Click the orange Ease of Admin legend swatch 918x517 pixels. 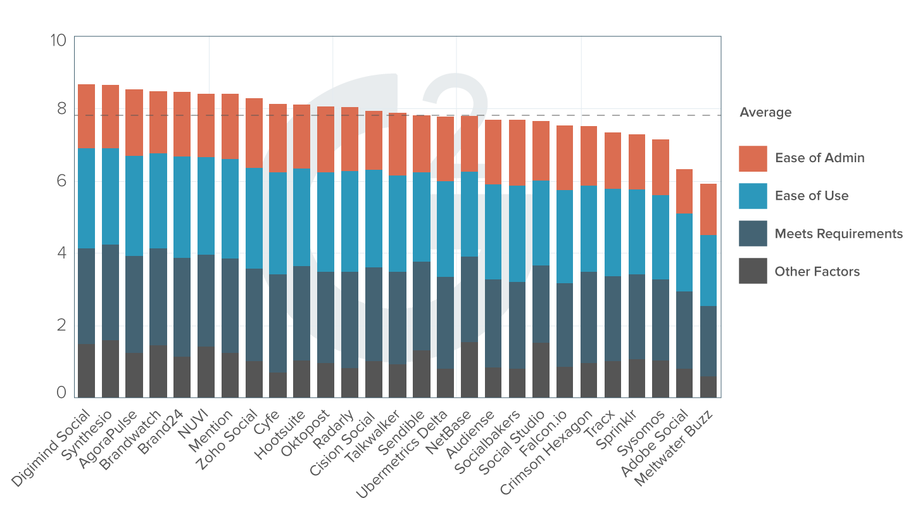[x=753, y=158]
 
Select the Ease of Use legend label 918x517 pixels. [x=812, y=196]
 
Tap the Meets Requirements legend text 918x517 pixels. [x=838, y=234]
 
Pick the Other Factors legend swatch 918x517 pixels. [x=753, y=271]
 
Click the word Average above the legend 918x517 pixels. [x=765, y=112]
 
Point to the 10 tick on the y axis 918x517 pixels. [x=58, y=40]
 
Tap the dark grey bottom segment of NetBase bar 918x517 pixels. [x=469, y=369]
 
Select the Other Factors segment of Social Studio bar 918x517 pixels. [x=541, y=370]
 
